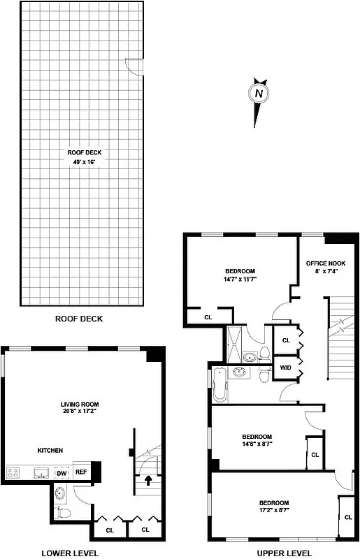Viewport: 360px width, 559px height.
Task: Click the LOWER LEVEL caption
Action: (x=70, y=553)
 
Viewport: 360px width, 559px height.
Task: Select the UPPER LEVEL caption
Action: (x=284, y=553)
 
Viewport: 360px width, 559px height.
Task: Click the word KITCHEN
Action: (x=50, y=451)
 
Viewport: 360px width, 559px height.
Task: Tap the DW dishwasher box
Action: (x=61, y=472)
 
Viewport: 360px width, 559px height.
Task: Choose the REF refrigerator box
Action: (x=81, y=472)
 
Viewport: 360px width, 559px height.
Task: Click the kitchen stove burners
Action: (x=13, y=472)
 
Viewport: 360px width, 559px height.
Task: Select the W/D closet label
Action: (x=285, y=367)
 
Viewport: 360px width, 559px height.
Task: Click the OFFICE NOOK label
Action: (x=326, y=267)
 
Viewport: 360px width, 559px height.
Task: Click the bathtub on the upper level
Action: (x=219, y=385)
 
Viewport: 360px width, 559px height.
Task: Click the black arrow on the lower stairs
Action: (x=147, y=480)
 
